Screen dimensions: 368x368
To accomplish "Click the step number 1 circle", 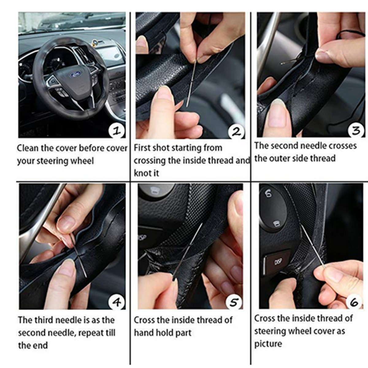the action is pyautogui.click(x=117, y=131).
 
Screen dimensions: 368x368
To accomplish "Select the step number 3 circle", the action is pyautogui.click(x=356, y=130).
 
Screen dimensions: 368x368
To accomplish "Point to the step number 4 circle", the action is pyautogui.click(x=117, y=302).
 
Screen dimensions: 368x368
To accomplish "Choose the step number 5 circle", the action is pyautogui.click(x=234, y=302).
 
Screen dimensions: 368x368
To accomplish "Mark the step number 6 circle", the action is pyautogui.click(x=355, y=302).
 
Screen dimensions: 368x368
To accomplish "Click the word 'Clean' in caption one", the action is pyautogui.click(x=28, y=148).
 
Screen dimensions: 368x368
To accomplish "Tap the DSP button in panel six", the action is pyautogui.click(x=277, y=262).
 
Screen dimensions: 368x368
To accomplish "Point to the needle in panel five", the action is pyautogui.click(x=187, y=251).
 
